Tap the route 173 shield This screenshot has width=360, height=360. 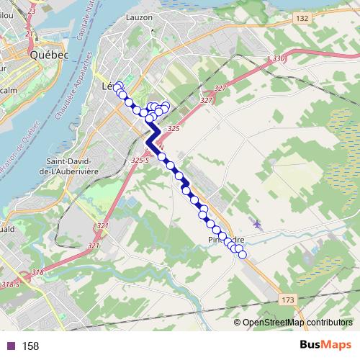pos(287,298)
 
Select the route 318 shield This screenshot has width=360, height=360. pos(38,271)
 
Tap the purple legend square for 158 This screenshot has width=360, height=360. pos(11,346)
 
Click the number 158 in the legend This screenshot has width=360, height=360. pos(30,346)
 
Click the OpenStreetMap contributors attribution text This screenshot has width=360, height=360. pos(297,322)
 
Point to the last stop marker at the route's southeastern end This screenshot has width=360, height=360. pos(242,253)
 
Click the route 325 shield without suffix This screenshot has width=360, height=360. pos(172,128)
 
